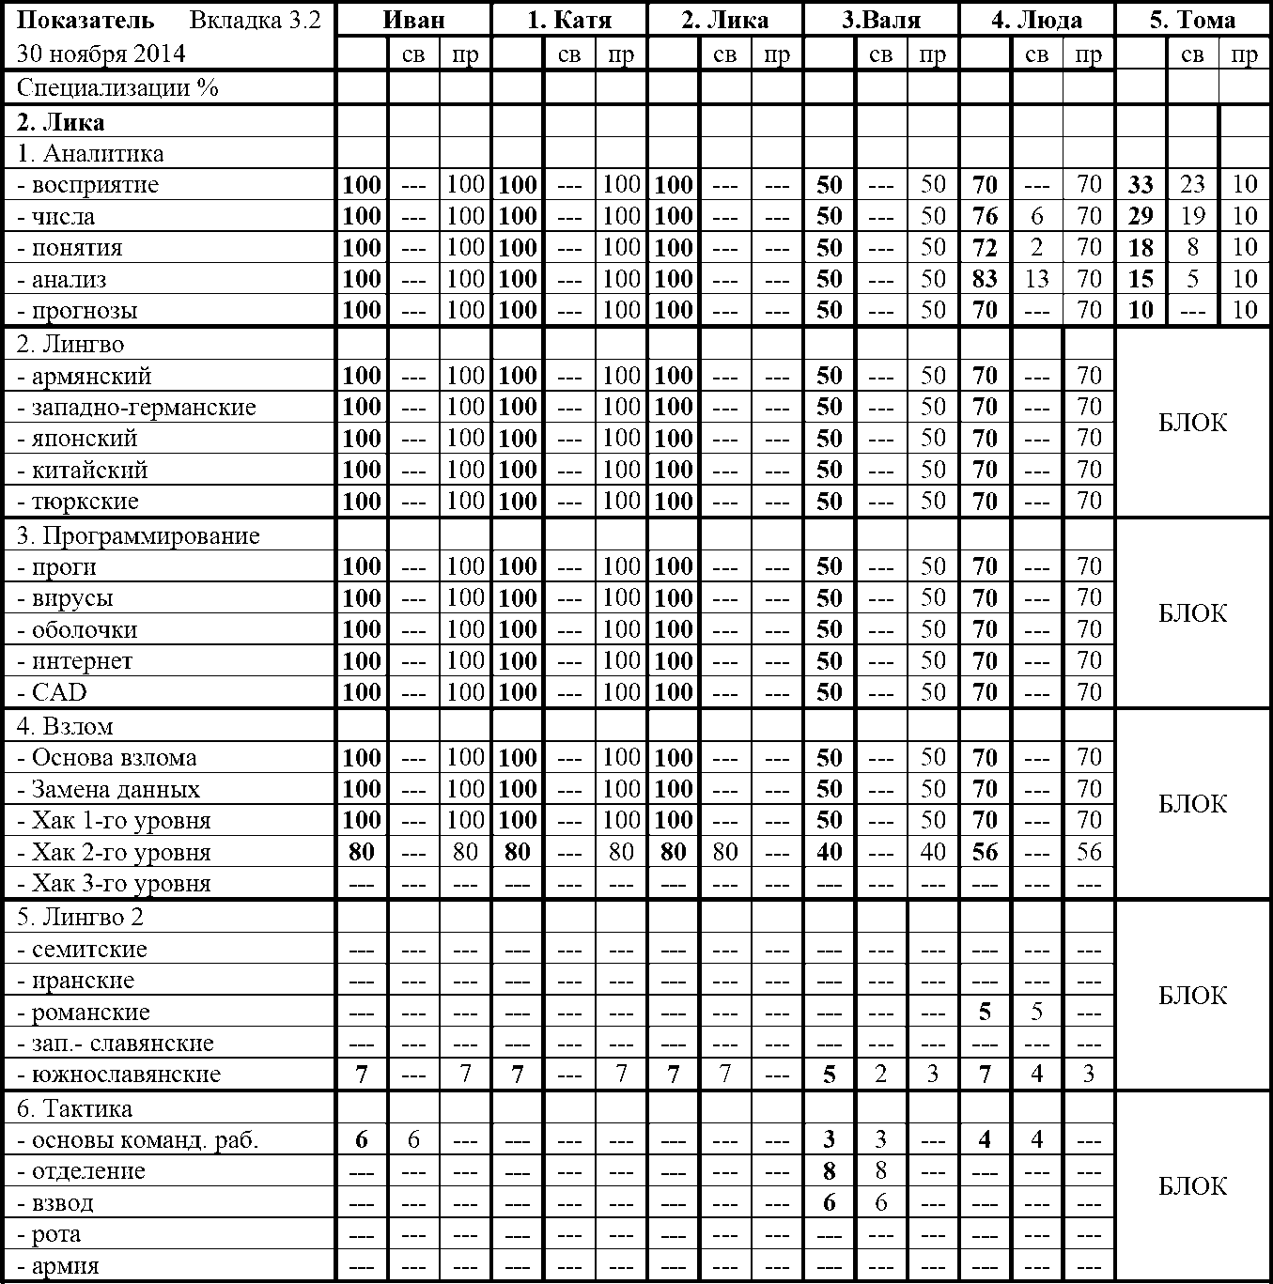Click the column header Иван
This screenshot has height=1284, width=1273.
tap(413, 20)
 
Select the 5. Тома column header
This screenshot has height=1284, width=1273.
tap(1192, 20)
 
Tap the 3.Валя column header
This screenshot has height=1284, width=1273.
tap(880, 20)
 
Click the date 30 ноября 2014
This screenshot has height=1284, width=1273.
tap(101, 54)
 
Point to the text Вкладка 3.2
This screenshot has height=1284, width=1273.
tap(253, 20)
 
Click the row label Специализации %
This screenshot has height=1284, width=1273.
tap(117, 88)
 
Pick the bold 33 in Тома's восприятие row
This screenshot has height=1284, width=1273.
tap(1141, 185)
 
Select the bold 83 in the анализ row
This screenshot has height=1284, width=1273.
tap(985, 279)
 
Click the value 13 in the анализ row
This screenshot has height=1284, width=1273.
tap(1036, 279)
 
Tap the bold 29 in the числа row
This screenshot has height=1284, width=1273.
tap(1141, 217)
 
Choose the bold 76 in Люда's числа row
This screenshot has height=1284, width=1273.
tap(985, 217)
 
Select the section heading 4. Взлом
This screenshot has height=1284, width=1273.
tap(65, 727)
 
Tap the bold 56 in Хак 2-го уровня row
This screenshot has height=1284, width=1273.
tap(985, 853)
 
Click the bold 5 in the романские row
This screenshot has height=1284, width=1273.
tap(985, 1013)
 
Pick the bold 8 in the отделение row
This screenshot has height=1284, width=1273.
tap(829, 1171)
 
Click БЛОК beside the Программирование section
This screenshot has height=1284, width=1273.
tap(1192, 614)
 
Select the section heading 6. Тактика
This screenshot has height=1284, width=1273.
tap(74, 1109)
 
